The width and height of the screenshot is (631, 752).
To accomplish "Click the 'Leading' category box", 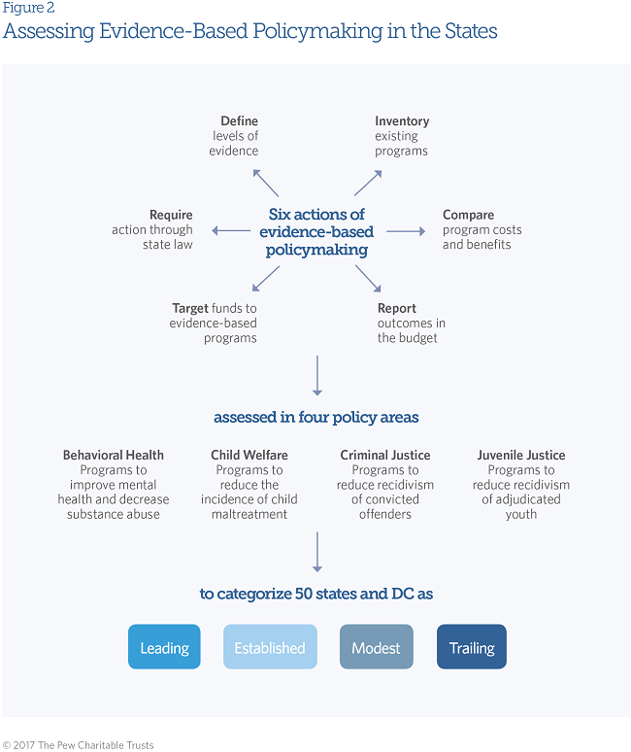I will (x=164, y=647).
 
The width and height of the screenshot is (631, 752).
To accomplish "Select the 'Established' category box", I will (x=270, y=647).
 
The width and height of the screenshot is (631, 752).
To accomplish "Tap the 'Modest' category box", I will (x=376, y=647).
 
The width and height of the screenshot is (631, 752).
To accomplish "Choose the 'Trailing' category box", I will (x=472, y=647).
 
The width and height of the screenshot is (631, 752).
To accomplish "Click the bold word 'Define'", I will (x=239, y=121).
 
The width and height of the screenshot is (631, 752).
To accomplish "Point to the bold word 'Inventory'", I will (x=402, y=121).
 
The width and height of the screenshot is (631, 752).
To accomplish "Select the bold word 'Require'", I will (x=171, y=215).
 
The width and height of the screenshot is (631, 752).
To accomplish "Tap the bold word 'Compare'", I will (x=468, y=215).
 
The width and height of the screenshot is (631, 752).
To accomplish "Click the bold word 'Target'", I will (x=190, y=308).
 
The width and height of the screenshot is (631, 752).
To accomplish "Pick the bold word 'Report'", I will (x=397, y=308).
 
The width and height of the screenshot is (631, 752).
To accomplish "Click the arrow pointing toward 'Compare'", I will (x=406, y=231).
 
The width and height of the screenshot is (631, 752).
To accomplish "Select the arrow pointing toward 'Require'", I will (x=231, y=231).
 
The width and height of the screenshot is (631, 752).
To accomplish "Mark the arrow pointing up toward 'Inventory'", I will (x=367, y=181).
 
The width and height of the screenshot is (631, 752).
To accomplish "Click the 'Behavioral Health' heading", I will (x=113, y=455).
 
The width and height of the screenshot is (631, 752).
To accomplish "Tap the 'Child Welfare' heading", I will (x=249, y=455).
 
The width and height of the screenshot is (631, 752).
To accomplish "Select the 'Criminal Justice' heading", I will (x=385, y=455).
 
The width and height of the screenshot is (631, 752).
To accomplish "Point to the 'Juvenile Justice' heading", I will (x=521, y=455).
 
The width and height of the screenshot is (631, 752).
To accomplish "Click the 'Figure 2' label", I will (x=28, y=8).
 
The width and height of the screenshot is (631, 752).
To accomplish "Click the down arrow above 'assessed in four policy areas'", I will (x=316, y=376).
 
